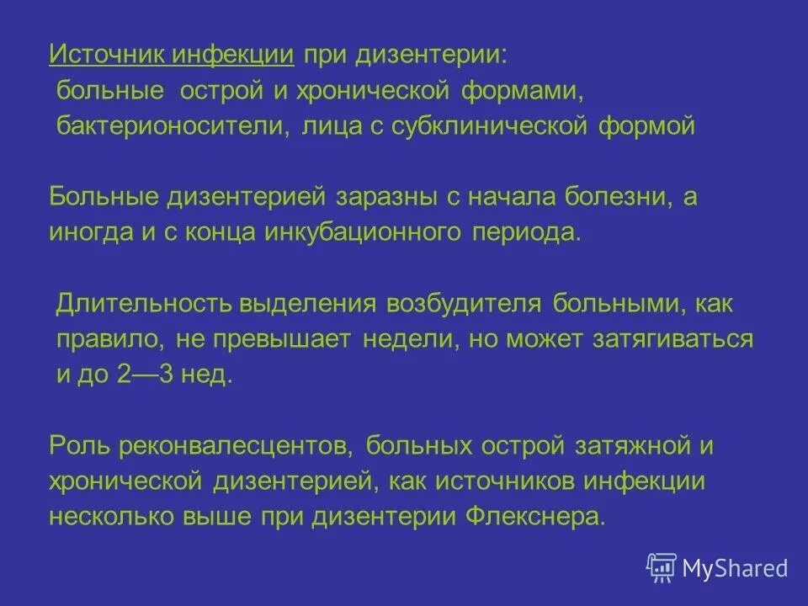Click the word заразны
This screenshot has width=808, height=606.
point(385,198)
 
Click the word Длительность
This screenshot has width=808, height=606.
point(143,304)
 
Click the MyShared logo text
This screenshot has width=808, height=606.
point(735,567)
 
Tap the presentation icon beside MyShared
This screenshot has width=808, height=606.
point(662,567)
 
